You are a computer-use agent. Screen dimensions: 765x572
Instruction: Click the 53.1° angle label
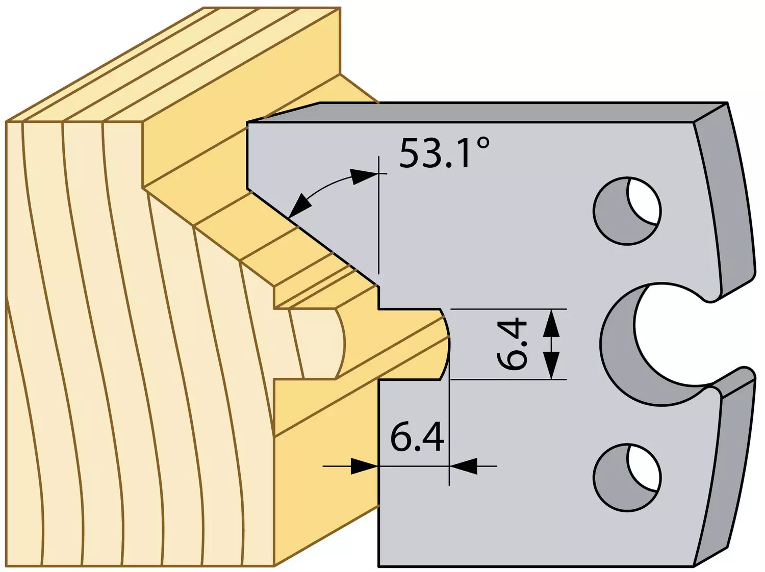point(444,153)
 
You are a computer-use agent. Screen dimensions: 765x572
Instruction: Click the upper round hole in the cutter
point(627,211)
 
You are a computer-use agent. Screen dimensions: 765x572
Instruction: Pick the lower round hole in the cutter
point(627,478)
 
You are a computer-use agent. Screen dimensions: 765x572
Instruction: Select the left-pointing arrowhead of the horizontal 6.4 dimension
point(464,466)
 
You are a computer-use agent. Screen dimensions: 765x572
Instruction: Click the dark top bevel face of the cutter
point(488,112)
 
